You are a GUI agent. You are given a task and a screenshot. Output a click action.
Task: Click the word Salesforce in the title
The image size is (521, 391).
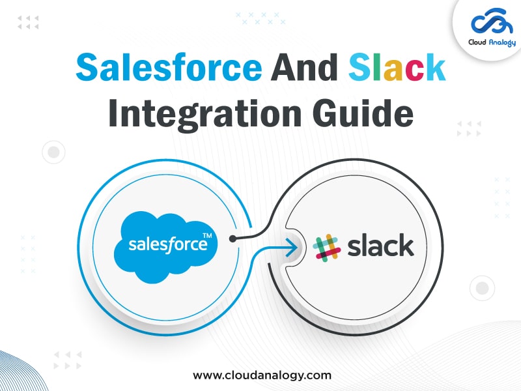click(x=169, y=67)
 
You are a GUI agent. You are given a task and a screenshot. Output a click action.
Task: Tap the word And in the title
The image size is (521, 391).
click(x=304, y=67)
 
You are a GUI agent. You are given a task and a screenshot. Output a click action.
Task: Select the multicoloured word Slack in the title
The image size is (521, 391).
click(x=397, y=67)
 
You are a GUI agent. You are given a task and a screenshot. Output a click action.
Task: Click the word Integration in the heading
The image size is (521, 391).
click(x=205, y=113)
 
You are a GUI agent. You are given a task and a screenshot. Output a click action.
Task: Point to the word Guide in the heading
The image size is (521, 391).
click(x=363, y=113)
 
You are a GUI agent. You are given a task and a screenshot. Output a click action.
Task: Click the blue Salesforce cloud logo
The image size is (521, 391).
click(x=166, y=247)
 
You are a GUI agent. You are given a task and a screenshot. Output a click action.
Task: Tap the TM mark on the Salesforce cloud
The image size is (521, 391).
click(x=207, y=236)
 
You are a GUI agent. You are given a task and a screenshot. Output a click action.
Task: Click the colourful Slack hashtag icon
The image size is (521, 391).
click(x=327, y=248)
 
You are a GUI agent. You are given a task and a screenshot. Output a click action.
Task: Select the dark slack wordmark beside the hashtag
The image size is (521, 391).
click(x=380, y=245)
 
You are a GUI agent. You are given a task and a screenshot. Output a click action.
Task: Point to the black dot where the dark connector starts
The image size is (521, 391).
click(x=233, y=239)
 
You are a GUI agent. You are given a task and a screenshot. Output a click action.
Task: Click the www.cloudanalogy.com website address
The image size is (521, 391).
click(x=262, y=375)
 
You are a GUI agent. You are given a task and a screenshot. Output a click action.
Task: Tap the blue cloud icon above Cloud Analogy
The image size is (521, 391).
click(x=493, y=22)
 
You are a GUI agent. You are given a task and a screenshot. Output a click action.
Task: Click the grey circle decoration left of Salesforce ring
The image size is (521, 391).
click(x=53, y=152)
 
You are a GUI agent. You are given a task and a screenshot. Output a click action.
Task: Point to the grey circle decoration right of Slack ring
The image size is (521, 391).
click(x=482, y=288)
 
